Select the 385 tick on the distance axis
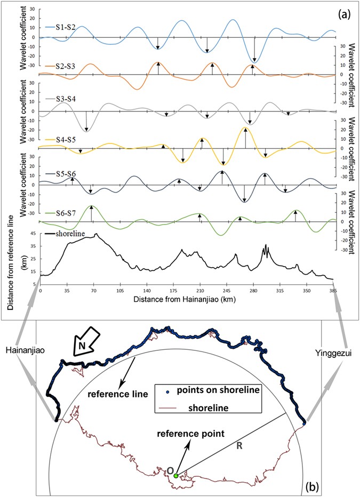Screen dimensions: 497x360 click(x=333, y=292)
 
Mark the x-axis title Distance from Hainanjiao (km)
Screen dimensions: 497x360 click(x=186, y=300)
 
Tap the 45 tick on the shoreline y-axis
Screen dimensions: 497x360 click(x=33, y=234)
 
